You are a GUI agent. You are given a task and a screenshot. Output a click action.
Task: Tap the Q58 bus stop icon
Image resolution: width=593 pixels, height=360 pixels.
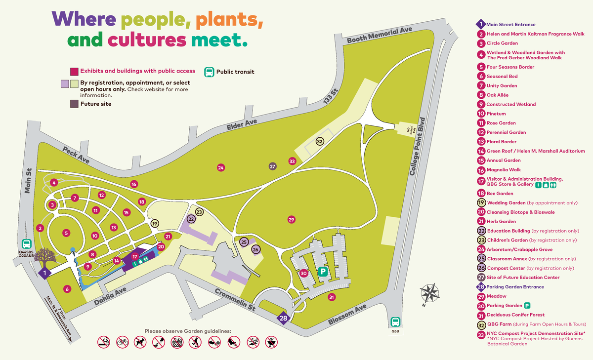[x=395, y=322]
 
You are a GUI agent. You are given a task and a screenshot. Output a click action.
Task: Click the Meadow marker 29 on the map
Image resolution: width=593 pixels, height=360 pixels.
[x=291, y=219]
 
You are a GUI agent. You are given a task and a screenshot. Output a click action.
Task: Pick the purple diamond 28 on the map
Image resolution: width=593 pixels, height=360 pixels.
[x=283, y=319]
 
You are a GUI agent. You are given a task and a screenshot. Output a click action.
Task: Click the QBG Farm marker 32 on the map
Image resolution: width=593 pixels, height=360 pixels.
[x=320, y=142]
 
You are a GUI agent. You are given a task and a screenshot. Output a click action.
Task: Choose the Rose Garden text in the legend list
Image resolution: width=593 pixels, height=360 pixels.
[x=501, y=123]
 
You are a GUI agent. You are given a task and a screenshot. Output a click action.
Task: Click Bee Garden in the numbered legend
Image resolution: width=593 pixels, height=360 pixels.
[x=500, y=194]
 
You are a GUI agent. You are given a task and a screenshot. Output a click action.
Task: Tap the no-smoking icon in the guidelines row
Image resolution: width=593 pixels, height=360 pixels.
[x=103, y=341]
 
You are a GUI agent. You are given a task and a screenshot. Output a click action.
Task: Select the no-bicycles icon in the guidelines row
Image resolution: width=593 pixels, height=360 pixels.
[x=123, y=341]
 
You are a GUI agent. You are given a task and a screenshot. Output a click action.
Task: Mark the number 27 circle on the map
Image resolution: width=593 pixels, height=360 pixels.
[x=272, y=166]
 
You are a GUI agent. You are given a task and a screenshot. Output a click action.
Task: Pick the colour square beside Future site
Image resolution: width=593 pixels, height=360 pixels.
[x=74, y=104]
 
